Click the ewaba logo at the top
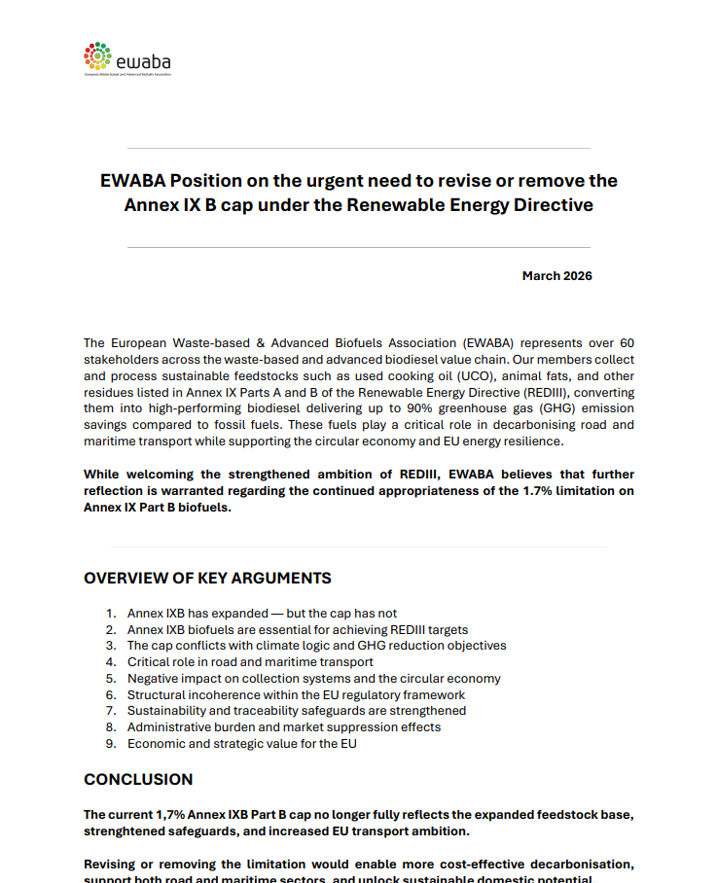click(127, 59)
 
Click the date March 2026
click(556, 276)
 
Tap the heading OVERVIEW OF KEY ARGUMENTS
click(207, 579)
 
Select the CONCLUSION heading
click(138, 780)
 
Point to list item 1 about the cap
click(262, 614)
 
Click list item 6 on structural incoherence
click(296, 695)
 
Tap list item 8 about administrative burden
click(283, 727)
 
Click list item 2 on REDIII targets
click(298, 630)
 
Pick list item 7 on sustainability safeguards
click(297, 711)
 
